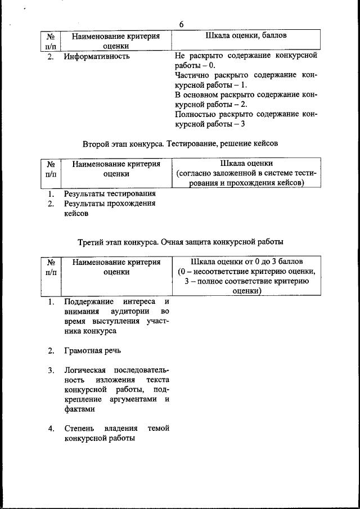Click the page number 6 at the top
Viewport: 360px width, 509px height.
point(181,24)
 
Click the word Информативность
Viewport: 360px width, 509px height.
point(97,56)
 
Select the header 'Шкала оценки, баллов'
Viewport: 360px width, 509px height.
point(247,36)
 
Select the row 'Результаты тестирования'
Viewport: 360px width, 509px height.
point(109,194)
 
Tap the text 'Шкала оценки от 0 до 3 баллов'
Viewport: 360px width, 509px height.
point(246,262)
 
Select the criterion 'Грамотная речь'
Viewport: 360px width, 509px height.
point(92,350)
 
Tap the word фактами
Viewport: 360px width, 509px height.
point(79,409)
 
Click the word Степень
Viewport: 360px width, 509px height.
point(80,429)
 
